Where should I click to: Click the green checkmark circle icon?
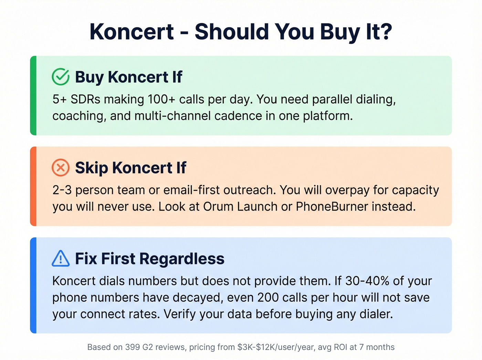click(61, 76)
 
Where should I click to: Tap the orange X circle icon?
click(61, 168)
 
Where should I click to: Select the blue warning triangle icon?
click(61, 258)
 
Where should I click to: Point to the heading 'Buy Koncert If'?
click(128, 77)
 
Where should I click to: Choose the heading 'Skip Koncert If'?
click(130, 168)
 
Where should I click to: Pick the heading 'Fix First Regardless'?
click(149, 259)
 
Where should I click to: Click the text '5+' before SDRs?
click(59, 99)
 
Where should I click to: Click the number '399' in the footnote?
click(133, 347)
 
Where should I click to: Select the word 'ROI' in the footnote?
click(340, 347)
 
